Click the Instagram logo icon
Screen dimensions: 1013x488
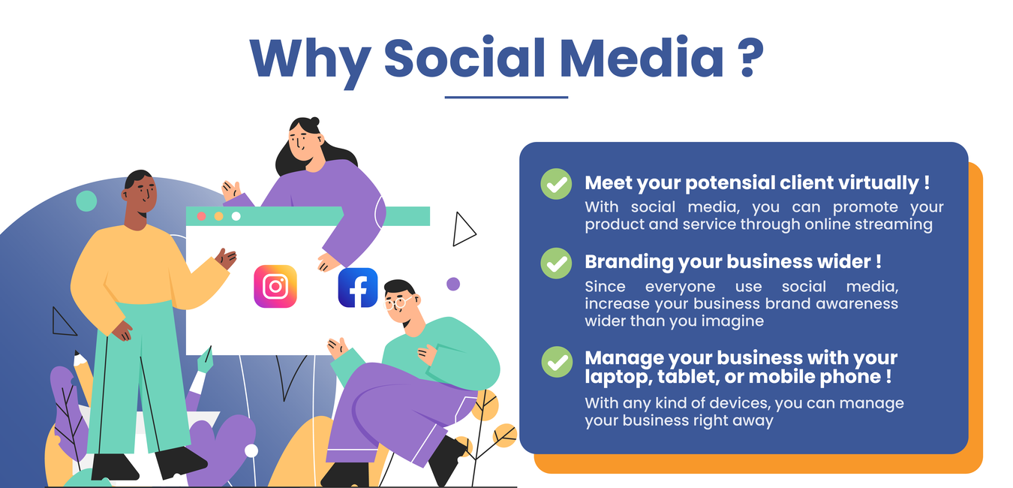tap(275, 286)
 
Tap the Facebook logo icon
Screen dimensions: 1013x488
tap(358, 288)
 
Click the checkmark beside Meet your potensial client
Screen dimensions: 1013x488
tap(556, 184)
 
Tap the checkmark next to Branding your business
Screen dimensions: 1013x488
tap(556, 264)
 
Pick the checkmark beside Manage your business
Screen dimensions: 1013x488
tap(557, 362)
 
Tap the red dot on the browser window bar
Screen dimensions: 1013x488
tap(201, 216)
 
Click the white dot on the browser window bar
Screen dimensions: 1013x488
tap(236, 216)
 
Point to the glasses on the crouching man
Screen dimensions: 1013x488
tap(398, 303)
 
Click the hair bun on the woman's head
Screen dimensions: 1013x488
tap(314, 121)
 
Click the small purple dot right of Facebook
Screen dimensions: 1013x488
tap(453, 284)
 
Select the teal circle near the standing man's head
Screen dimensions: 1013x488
tap(86, 200)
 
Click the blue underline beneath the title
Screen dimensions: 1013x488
tap(506, 97)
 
